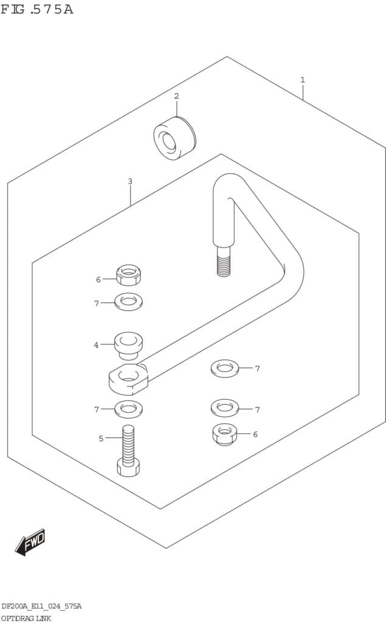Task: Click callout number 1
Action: pos(303,80)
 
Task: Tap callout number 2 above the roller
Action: pos(176,96)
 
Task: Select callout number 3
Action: pos(130,181)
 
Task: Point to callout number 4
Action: pos(96,345)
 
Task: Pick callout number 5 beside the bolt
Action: pos(102,438)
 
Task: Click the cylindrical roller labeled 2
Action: pos(174,138)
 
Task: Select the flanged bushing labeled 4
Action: pos(128,346)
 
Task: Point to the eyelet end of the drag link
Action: pos(128,378)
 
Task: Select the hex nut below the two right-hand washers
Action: pos(225,434)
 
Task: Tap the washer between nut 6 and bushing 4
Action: pos(129,302)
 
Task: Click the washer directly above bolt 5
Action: pos(129,409)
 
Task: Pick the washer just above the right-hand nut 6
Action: pos(225,408)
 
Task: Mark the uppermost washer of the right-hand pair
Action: pos(225,368)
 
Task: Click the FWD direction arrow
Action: pos(30,542)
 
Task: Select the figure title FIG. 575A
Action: pos(37,9)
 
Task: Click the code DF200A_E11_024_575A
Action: pos(42,606)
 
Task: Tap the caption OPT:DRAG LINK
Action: pos(26,618)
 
